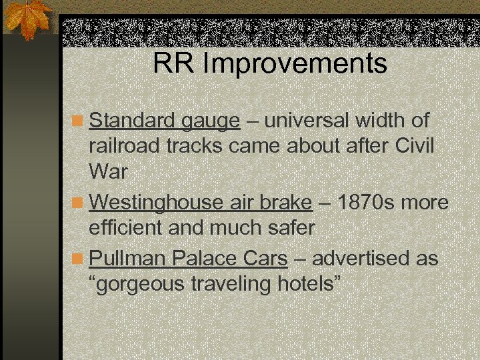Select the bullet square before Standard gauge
click(x=79, y=122)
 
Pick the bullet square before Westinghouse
click(x=79, y=203)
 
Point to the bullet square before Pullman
click(x=79, y=258)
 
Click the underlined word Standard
click(x=131, y=121)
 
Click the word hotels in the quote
click(x=304, y=285)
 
